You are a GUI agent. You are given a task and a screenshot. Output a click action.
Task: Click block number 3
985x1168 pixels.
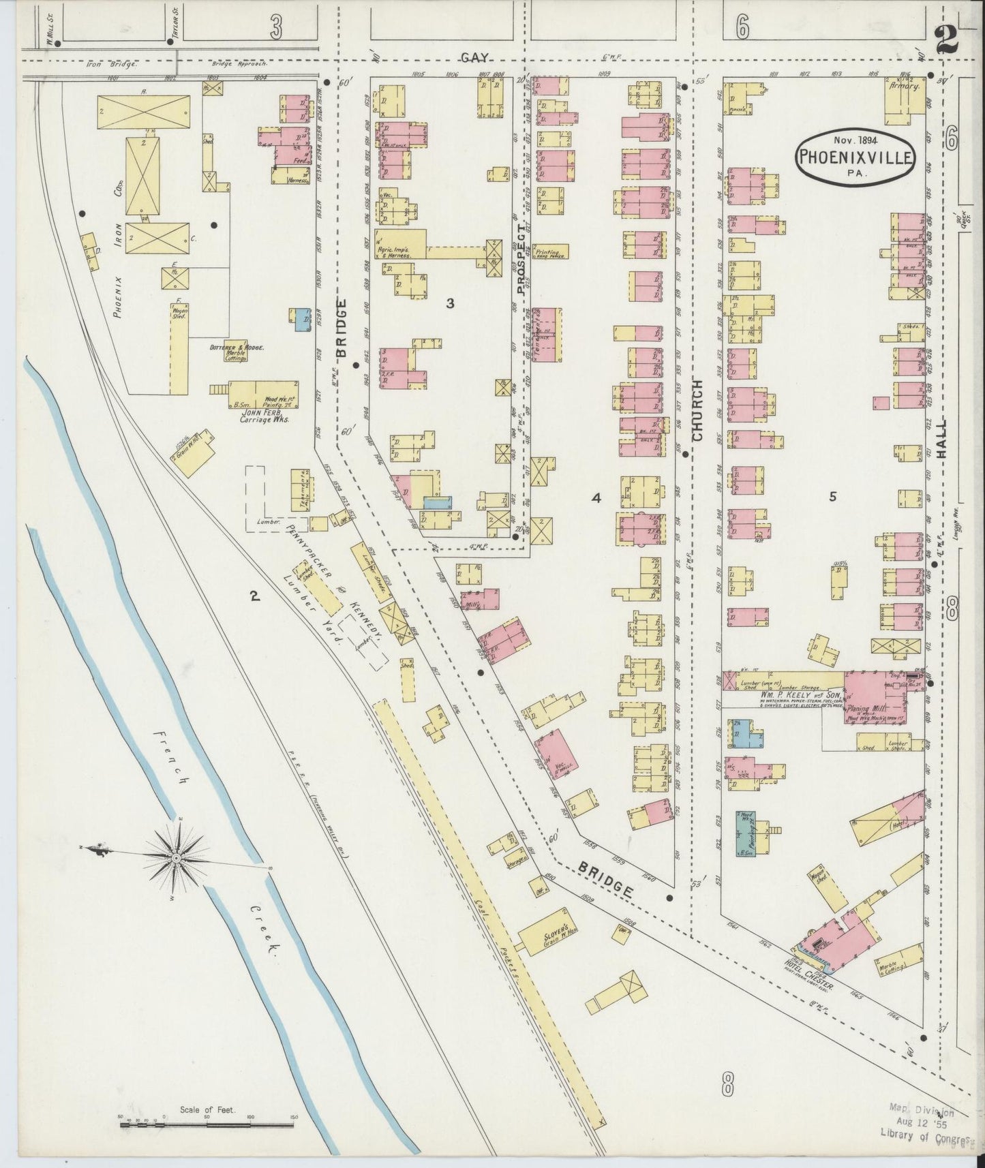pyautogui.click(x=450, y=303)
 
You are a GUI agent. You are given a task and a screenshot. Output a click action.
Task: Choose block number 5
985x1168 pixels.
pyautogui.click(x=832, y=497)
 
